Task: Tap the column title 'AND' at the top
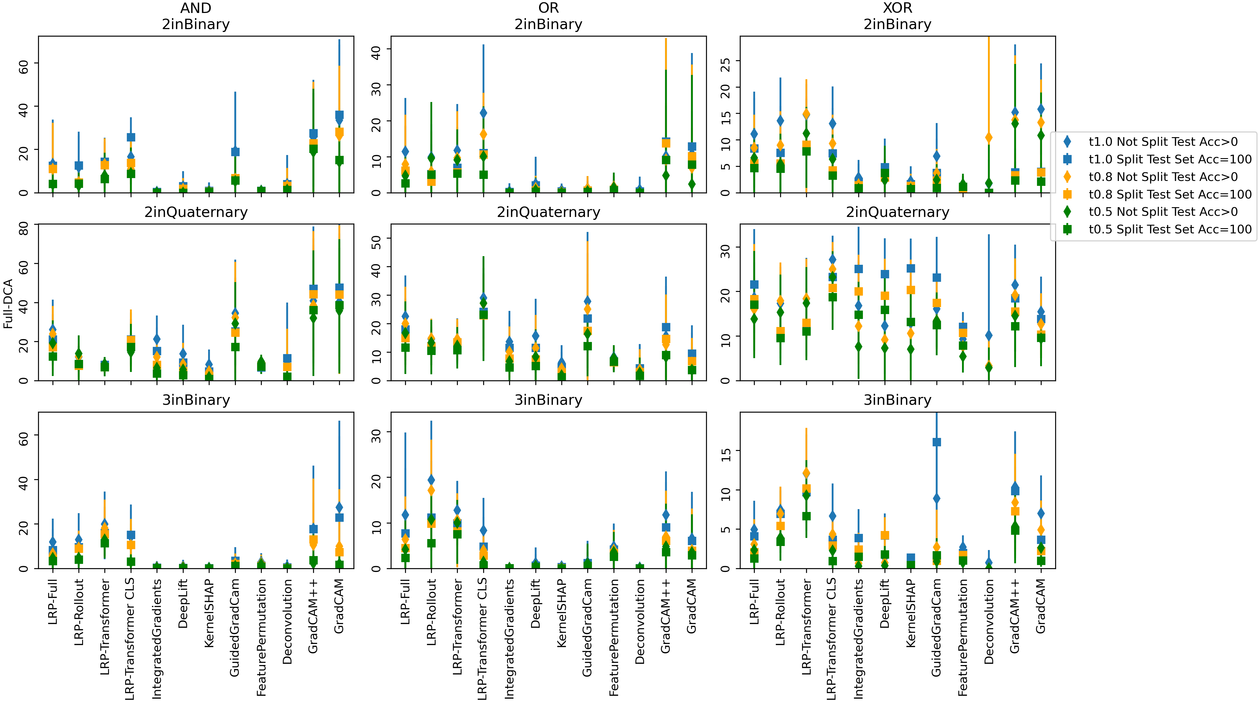click(x=195, y=8)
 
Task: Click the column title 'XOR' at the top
click(x=897, y=8)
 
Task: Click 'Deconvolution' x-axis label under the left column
click(x=287, y=621)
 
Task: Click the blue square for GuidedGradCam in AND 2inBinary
click(x=235, y=152)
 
